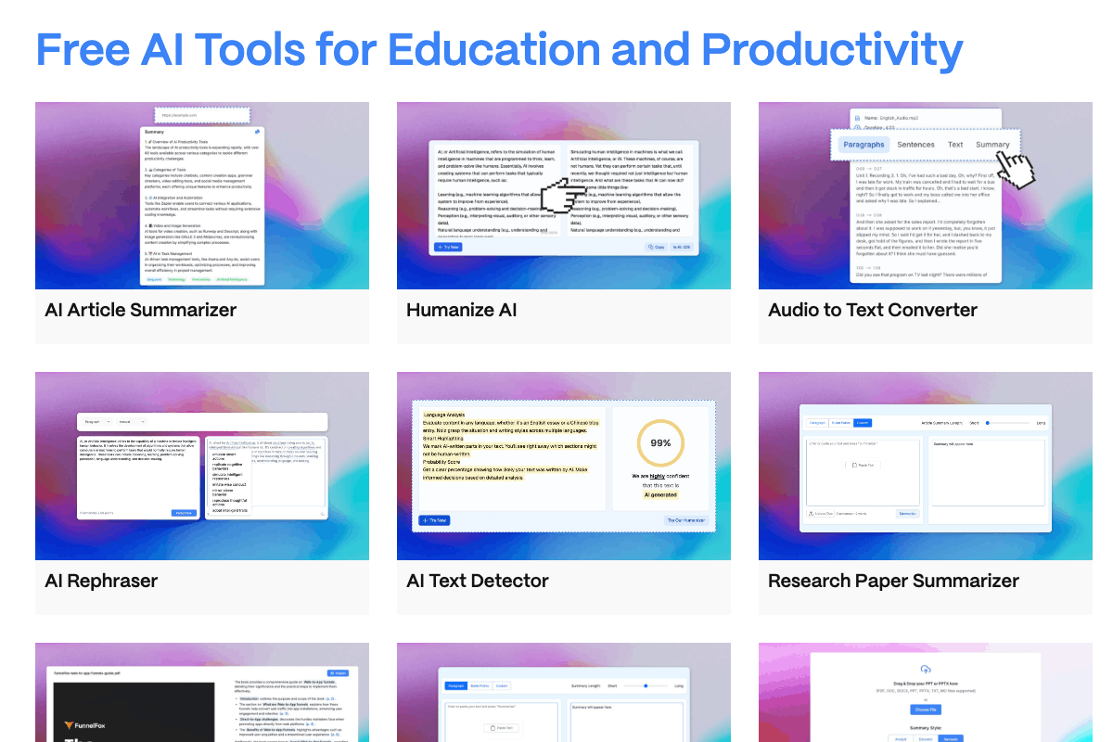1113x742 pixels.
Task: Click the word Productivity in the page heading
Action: pyautogui.click(x=832, y=48)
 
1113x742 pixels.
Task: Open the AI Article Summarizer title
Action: pyautogui.click(x=140, y=310)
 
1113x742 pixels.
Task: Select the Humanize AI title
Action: pyautogui.click(x=461, y=310)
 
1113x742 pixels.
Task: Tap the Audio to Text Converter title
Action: pyautogui.click(x=872, y=310)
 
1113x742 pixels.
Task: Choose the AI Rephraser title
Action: pyautogui.click(x=101, y=581)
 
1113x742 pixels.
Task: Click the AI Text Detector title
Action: pyautogui.click(x=478, y=581)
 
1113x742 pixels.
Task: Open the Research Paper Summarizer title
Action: pyautogui.click(x=893, y=581)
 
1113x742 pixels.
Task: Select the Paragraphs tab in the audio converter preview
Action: pyautogui.click(x=864, y=145)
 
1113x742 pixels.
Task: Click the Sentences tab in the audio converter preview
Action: pyautogui.click(x=915, y=145)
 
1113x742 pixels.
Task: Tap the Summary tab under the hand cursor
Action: pyautogui.click(x=991, y=145)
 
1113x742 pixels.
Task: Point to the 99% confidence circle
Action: pyautogui.click(x=660, y=443)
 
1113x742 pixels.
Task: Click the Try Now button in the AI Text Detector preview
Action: pyautogui.click(x=434, y=520)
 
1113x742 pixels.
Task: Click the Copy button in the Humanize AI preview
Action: pyautogui.click(x=656, y=247)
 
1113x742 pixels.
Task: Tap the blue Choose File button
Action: pyautogui.click(x=925, y=710)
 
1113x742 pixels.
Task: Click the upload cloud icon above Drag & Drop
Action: pyautogui.click(x=925, y=670)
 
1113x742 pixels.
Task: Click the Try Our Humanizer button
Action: pyautogui.click(x=686, y=520)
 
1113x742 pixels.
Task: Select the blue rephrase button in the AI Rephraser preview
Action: pyautogui.click(x=184, y=513)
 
